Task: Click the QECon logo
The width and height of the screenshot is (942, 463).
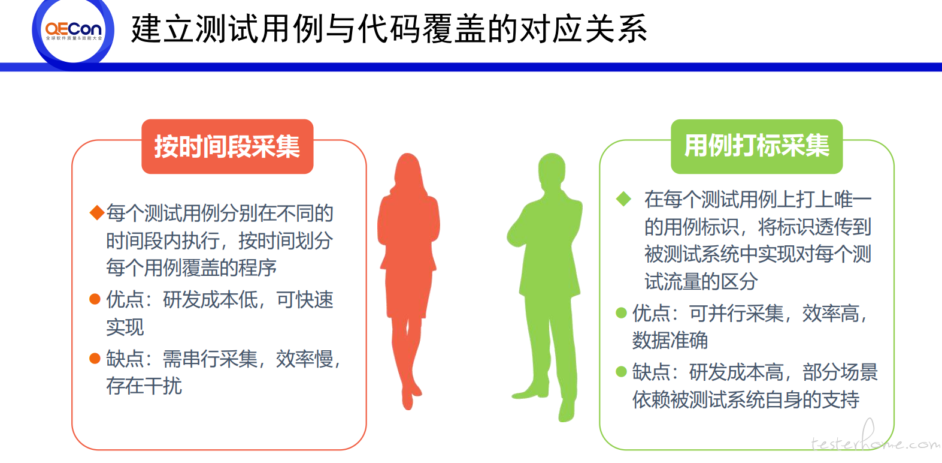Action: [x=73, y=31]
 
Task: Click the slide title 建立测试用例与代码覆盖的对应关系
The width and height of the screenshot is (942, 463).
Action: [x=389, y=29]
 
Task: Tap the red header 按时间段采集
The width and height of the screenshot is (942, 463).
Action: [x=227, y=146]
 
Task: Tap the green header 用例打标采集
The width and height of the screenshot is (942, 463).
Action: [x=756, y=146]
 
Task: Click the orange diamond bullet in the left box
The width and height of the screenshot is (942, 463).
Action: [x=97, y=212]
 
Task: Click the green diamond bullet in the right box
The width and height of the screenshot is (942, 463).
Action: [x=623, y=199]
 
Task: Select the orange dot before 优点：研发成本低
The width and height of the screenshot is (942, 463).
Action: [x=95, y=299]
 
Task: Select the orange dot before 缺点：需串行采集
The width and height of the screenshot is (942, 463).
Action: [x=95, y=358]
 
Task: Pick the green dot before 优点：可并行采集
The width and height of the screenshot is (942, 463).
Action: [x=621, y=312]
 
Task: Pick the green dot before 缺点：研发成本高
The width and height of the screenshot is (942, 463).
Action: [x=621, y=372]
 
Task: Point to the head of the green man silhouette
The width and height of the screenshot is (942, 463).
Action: [x=552, y=169]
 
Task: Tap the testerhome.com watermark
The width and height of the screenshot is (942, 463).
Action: [x=876, y=440]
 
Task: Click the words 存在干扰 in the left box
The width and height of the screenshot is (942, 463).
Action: [x=144, y=386]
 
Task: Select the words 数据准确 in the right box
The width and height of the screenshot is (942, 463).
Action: [x=670, y=340]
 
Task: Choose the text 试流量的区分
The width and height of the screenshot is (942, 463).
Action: [x=701, y=281]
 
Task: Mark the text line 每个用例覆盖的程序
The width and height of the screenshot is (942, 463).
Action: [x=192, y=267]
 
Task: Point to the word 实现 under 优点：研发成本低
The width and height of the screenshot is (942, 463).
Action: [x=125, y=327]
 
